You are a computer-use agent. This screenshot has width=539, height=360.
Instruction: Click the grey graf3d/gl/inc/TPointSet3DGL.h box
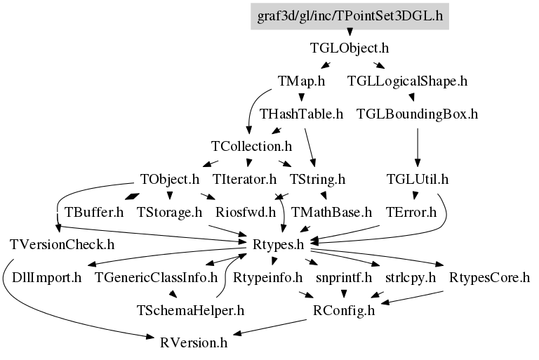pos(350,16)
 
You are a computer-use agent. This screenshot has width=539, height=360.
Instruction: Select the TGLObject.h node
pos(350,48)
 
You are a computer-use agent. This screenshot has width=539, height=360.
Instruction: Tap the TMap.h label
pos(302,81)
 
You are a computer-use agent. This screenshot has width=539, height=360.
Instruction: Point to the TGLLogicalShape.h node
pos(408,81)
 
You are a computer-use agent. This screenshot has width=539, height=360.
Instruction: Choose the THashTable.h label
pos(302,114)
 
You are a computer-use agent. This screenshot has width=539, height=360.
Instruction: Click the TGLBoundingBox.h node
pos(418,114)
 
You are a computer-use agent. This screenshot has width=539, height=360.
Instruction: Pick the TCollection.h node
pos(252,147)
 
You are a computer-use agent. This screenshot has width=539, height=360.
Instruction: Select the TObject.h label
pos(170,179)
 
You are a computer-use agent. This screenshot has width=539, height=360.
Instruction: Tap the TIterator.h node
pos(244,179)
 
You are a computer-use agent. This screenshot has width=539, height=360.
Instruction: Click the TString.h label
pos(317,179)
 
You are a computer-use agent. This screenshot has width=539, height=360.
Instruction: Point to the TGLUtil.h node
pos(418,179)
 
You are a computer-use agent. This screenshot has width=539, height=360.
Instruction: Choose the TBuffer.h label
pos(94,212)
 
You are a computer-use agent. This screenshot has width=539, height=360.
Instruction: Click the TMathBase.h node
pos(332,212)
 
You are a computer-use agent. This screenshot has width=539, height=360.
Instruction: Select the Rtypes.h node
pos(279,245)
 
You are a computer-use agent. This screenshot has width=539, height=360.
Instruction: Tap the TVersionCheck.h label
pos(62,245)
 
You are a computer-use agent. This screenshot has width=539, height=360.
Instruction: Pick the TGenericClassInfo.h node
pos(156,277)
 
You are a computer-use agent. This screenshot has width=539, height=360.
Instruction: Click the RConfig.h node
pos(344,310)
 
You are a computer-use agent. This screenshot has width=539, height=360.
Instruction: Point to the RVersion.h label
pos(194,343)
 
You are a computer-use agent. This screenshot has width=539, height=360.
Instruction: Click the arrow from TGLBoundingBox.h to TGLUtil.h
pos(418,147)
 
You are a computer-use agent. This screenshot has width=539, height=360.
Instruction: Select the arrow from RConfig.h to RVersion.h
pos(270,327)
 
